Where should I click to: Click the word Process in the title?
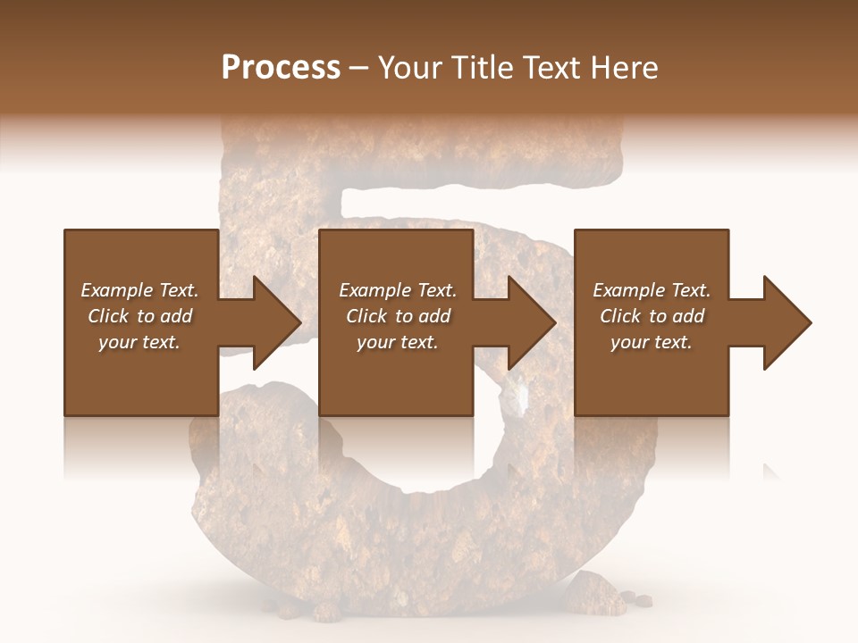click(x=281, y=68)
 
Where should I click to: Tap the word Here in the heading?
click(x=621, y=68)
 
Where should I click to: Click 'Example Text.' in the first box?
click(x=140, y=290)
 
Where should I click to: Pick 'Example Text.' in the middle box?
click(x=398, y=290)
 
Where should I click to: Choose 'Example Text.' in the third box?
click(x=652, y=290)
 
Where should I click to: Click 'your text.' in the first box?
click(x=139, y=342)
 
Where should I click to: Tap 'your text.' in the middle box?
click(x=398, y=342)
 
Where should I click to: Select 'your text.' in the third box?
click(x=652, y=342)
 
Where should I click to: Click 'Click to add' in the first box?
click(x=140, y=316)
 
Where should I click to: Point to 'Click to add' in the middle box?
click(x=398, y=316)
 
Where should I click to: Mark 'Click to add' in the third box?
click(x=652, y=316)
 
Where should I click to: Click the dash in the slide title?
click(x=359, y=68)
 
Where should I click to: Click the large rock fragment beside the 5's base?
click(x=594, y=594)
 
